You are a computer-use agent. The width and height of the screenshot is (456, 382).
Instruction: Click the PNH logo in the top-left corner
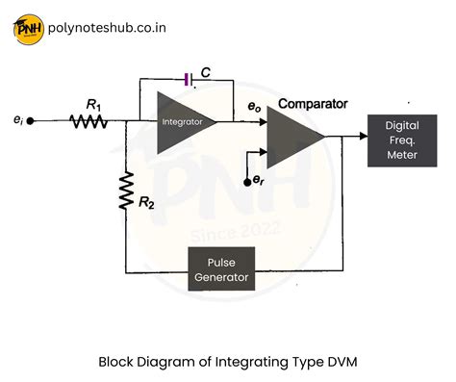coord(30,28)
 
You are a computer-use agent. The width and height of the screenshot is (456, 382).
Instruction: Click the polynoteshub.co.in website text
coord(107,28)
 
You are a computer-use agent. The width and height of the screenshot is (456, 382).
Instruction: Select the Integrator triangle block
coord(182,122)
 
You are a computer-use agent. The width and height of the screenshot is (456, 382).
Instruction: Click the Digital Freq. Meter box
coord(401,140)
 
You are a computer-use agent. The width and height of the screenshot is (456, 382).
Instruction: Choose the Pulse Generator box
coord(221,269)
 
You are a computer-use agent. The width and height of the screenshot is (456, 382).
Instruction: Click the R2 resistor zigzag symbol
coord(126,191)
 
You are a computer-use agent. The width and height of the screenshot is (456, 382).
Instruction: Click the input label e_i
coord(16,121)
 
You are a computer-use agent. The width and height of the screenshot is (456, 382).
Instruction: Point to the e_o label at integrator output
coord(255,110)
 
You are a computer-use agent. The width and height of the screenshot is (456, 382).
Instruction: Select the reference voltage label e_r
coord(257,181)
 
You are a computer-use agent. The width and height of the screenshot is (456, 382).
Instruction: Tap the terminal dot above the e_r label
coord(248,166)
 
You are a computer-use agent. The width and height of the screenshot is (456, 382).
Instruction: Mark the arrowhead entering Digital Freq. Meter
coord(363,137)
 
